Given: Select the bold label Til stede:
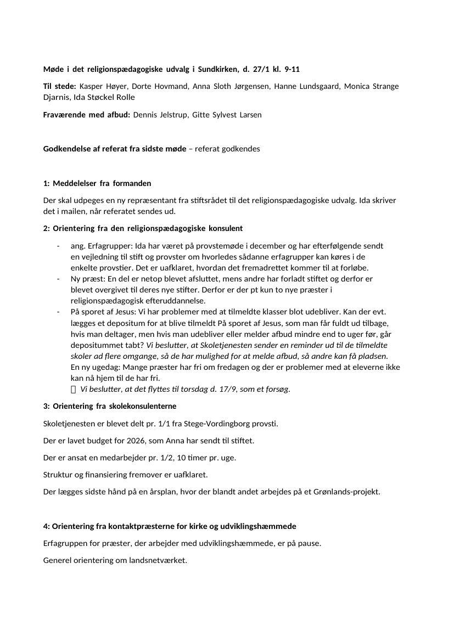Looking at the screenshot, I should (60, 86).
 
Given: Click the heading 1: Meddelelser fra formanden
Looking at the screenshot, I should (97, 183).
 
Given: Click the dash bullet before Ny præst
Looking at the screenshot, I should (58, 279).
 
